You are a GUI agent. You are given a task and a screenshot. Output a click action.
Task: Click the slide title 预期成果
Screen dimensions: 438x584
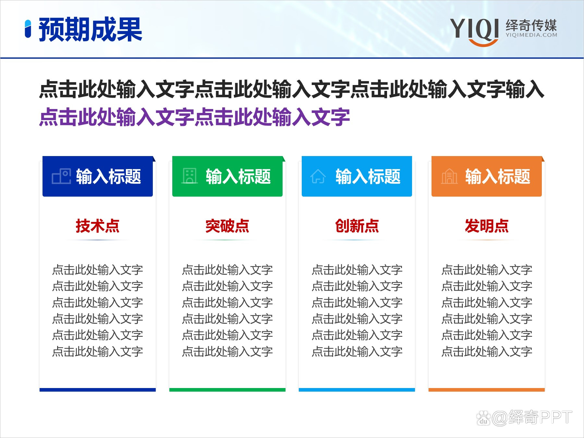(90, 30)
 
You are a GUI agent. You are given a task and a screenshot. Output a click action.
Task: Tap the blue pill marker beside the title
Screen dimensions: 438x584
(28, 29)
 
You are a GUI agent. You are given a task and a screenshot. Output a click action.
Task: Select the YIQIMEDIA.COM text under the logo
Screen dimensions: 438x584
(531, 35)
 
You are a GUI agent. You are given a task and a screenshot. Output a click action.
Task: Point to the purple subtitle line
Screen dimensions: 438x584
(194, 117)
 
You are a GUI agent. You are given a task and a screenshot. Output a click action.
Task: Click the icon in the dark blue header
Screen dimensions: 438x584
(61, 176)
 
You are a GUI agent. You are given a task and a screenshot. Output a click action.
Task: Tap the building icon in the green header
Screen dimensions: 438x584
(190, 176)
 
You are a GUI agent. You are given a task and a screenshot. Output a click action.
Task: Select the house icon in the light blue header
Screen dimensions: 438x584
(318, 176)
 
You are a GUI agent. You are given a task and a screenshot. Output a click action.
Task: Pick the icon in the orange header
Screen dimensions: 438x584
(449, 176)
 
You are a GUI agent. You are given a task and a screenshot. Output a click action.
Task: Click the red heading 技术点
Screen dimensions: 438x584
(97, 226)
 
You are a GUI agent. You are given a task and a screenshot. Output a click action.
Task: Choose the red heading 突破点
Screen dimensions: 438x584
(227, 226)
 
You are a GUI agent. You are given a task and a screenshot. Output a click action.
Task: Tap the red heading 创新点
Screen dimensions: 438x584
(357, 226)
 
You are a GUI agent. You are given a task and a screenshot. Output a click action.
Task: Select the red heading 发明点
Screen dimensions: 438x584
(487, 226)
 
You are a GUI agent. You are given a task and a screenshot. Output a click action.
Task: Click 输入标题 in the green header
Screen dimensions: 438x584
(238, 176)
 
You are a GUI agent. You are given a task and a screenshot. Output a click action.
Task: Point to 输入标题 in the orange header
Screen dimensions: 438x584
(498, 176)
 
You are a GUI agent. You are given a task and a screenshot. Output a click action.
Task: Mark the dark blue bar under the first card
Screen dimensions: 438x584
(97, 390)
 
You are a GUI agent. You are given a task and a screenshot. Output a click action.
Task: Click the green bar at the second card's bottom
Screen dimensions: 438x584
(227, 390)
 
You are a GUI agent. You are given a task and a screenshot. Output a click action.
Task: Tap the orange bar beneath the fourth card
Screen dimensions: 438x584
(487, 390)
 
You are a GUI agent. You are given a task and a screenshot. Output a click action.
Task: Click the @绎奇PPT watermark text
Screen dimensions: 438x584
(532, 418)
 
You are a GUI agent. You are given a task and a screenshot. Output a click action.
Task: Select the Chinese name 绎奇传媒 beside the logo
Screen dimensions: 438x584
(531, 25)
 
